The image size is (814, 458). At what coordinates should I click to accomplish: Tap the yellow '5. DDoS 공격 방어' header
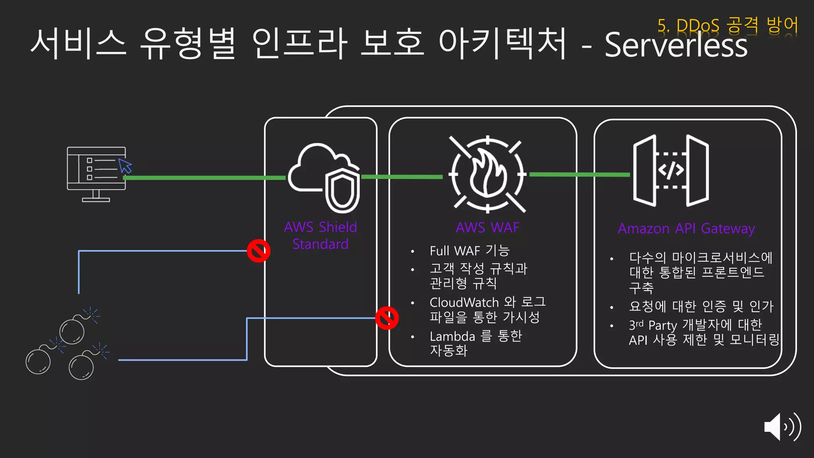pos(727,25)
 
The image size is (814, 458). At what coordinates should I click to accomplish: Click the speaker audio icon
pos(782,427)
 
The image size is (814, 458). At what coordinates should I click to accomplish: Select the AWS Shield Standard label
pos(320,235)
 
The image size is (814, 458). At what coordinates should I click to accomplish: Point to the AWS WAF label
pos(487,227)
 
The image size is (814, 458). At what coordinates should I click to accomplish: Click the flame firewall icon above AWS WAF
pos(487,174)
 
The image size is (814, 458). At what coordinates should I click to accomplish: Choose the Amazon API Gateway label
pos(686,229)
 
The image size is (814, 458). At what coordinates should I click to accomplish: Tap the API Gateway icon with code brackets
pos(671,171)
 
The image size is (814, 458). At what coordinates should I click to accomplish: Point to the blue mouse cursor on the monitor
pos(125,166)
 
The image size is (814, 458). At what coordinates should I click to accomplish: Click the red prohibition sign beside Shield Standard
pos(259,251)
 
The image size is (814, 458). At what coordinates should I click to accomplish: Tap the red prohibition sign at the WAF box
pos(387,318)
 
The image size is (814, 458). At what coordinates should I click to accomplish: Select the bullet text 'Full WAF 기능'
pos(469,251)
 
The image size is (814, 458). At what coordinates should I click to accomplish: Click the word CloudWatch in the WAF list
pos(464,303)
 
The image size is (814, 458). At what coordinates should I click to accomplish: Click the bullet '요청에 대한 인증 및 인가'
pos(701,307)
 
